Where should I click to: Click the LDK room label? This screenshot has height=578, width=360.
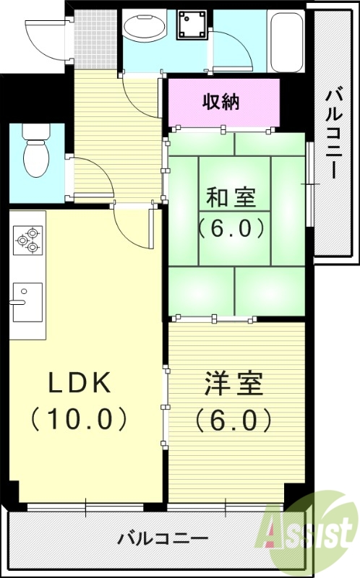coord(80,384)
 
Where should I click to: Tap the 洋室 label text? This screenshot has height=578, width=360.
coord(232,384)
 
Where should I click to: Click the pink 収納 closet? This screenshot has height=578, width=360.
coord(223,102)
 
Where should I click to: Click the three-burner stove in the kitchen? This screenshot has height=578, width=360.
coord(27,239)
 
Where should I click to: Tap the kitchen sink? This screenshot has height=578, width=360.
coord(27,301)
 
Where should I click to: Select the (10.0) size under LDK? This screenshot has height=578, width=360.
coord(80,417)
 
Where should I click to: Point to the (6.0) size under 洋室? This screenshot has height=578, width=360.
coord(232,419)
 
